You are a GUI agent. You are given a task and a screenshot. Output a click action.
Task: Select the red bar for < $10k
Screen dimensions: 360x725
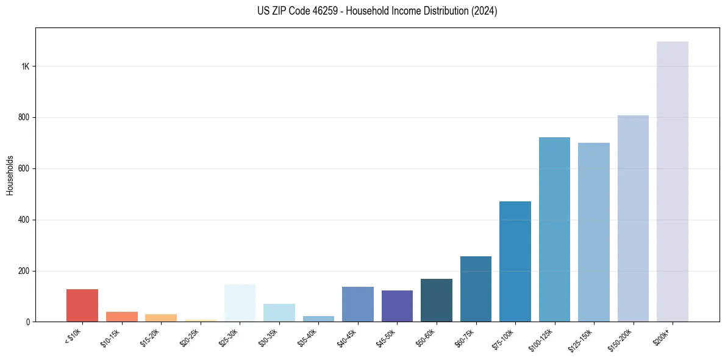click(x=82, y=305)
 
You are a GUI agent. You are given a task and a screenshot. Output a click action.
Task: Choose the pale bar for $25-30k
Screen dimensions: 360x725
click(x=240, y=303)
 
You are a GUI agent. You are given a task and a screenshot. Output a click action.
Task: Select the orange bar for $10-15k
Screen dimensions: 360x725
click(x=122, y=317)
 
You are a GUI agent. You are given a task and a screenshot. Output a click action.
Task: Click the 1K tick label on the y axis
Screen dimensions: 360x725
click(x=26, y=66)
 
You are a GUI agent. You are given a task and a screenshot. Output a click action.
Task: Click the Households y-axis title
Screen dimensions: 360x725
click(x=10, y=175)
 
